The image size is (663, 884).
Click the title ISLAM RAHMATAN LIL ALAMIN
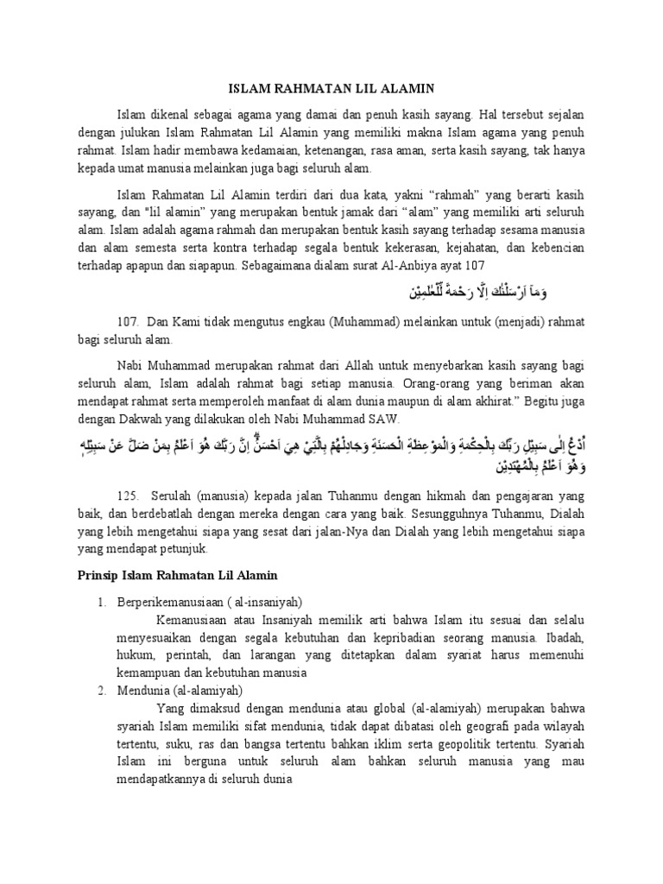[331, 88]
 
